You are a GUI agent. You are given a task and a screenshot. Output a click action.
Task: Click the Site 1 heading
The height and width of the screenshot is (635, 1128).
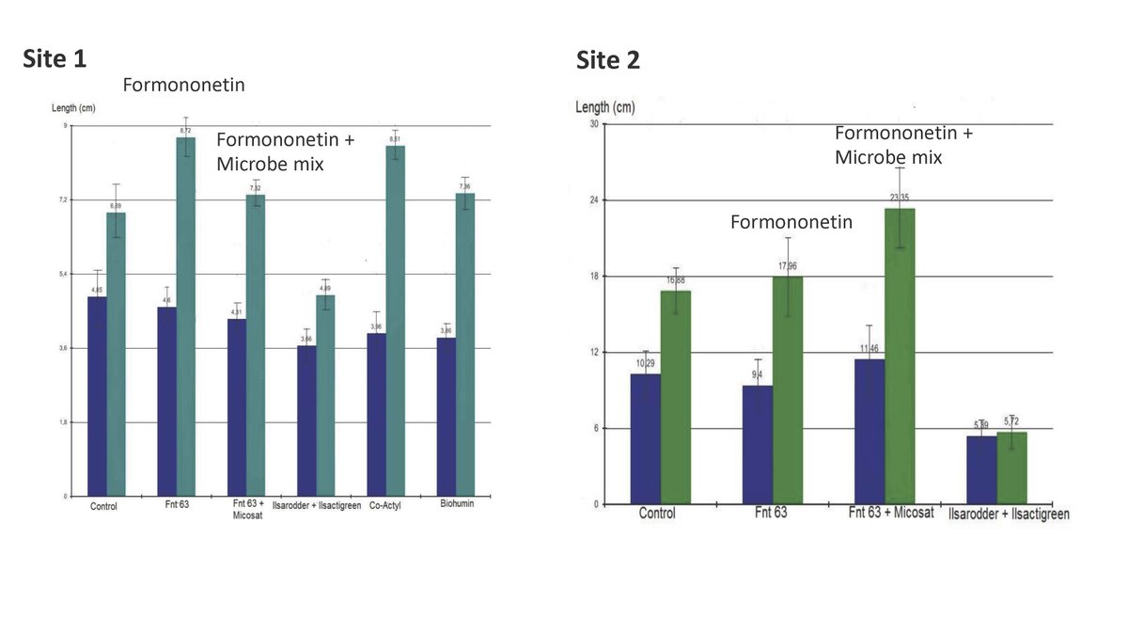pos(55,59)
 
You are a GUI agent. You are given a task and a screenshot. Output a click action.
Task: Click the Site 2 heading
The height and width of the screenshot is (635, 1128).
pos(608,61)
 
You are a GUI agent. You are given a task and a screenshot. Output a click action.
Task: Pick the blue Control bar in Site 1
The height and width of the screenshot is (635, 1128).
pos(97,396)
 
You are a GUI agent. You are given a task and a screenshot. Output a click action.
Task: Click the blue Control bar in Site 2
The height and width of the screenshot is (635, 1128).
pos(645,438)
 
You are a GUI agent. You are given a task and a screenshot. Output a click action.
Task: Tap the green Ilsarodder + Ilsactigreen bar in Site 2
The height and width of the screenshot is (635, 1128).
pos(1011,468)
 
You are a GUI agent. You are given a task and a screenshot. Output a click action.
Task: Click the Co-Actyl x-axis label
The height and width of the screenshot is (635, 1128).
pos(385,506)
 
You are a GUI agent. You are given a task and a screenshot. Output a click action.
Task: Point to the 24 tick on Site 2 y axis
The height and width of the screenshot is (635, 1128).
pos(595,200)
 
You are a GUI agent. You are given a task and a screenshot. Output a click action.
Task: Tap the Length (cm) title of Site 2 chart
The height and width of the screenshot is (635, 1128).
pos(604,107)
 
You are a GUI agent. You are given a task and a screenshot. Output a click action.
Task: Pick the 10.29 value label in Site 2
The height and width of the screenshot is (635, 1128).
pos(645,363)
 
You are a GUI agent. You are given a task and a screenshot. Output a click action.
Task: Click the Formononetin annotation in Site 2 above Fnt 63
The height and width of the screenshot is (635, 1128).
pos(791,223)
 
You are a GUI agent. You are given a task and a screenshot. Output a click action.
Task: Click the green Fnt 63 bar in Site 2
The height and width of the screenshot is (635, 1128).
pos(788,389)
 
